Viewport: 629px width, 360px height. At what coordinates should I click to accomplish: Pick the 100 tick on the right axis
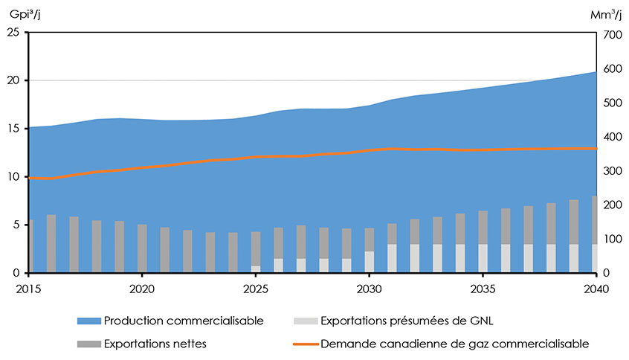(612, 240)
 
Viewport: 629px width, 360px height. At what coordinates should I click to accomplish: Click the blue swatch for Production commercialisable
(88, 321)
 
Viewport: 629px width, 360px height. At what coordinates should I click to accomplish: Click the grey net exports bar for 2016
(51, 244)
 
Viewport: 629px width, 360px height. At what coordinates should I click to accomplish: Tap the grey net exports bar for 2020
(142, 248)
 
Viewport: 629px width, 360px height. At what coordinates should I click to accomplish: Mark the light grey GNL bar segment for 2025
(256, 269)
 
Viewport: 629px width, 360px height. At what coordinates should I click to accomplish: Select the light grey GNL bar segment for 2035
(483, 258)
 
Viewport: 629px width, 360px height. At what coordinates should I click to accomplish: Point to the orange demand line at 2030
(369, 151)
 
